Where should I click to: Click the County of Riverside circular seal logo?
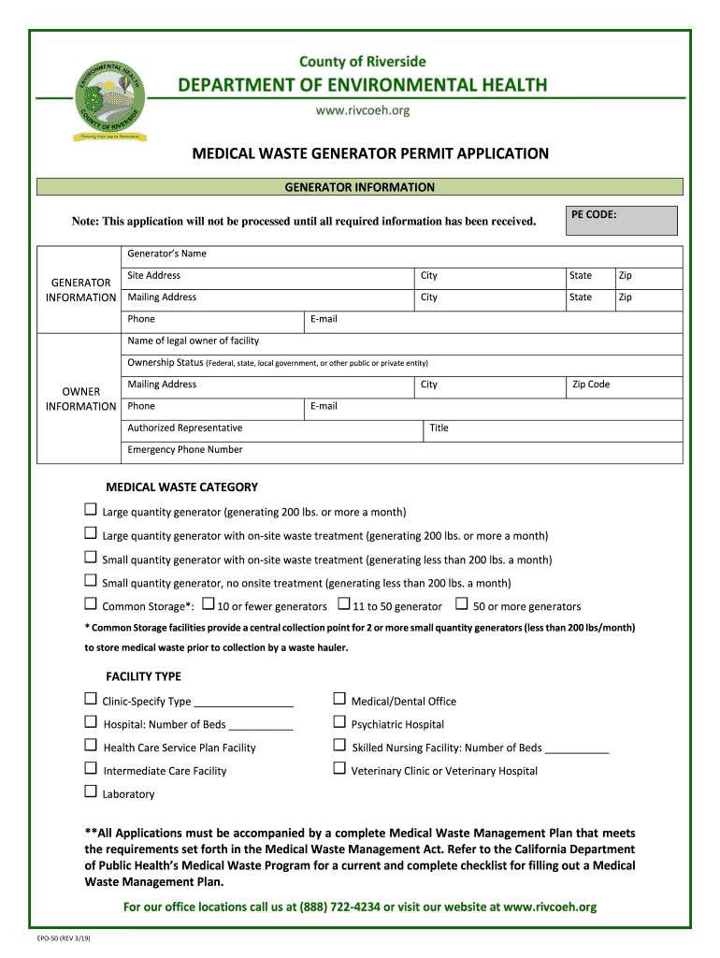pyautogui.click(x=110, y=99)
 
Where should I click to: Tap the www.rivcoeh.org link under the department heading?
pyautogui.click(x=362, y=110)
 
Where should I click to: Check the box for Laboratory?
pyautogui.click(x=91, y=792)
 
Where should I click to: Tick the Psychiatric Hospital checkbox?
pyautogui.click(x=339, y=723)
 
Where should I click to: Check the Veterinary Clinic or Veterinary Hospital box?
pyautogui.click(x=339, y=769)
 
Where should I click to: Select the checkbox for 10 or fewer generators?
pyautogui.click(x=209, y=604)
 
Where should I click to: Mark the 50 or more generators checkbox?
pyautogui.click(x=461, y=604)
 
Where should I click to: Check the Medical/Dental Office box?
pyautogui.click(x=339, y=699)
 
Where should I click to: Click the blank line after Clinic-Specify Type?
pyautogui.click(x=243, y=702)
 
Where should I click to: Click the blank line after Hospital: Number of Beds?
pyautogui.click(x=261, y=725)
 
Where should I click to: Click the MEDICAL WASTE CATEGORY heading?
pyautogui.click(x=181, y=487)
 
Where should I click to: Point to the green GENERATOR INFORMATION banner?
pyautogui.click(x=359, y=187)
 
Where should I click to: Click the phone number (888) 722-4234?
pyautogui.click(x=339, y=907)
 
